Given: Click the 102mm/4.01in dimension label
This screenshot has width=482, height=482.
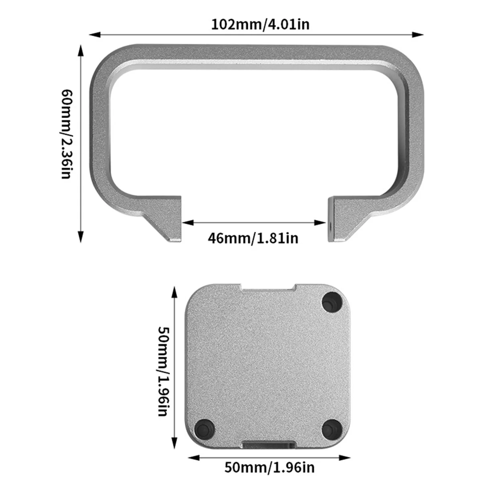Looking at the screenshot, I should point(260,24).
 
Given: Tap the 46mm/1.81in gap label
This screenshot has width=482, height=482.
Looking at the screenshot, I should point(253,238).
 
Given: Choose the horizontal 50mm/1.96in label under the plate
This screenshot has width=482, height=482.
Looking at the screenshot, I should point(269,467).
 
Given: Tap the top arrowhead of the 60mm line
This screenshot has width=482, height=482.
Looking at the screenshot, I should point(81,50).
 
